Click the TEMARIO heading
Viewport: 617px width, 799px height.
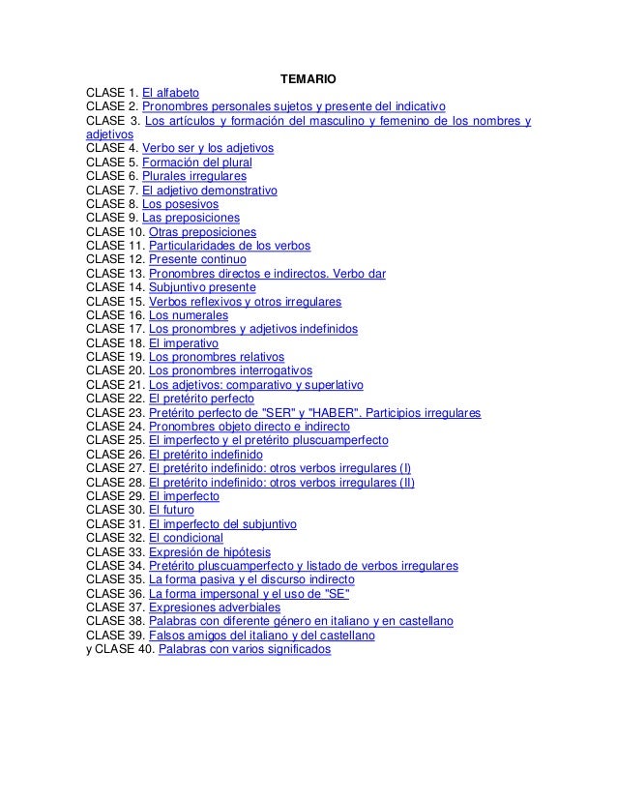tap(308, 77)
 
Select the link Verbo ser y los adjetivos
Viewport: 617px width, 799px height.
tap(208, 148)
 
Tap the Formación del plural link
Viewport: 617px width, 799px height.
tap(196, 163)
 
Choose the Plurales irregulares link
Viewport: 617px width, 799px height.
tap(193, 176)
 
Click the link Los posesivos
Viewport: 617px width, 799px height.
tap(180, 204)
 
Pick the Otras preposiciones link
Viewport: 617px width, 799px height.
tap(202, 232)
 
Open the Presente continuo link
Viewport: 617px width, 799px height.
tap(197, 260)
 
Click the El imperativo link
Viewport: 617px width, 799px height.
tap(184, 343)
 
